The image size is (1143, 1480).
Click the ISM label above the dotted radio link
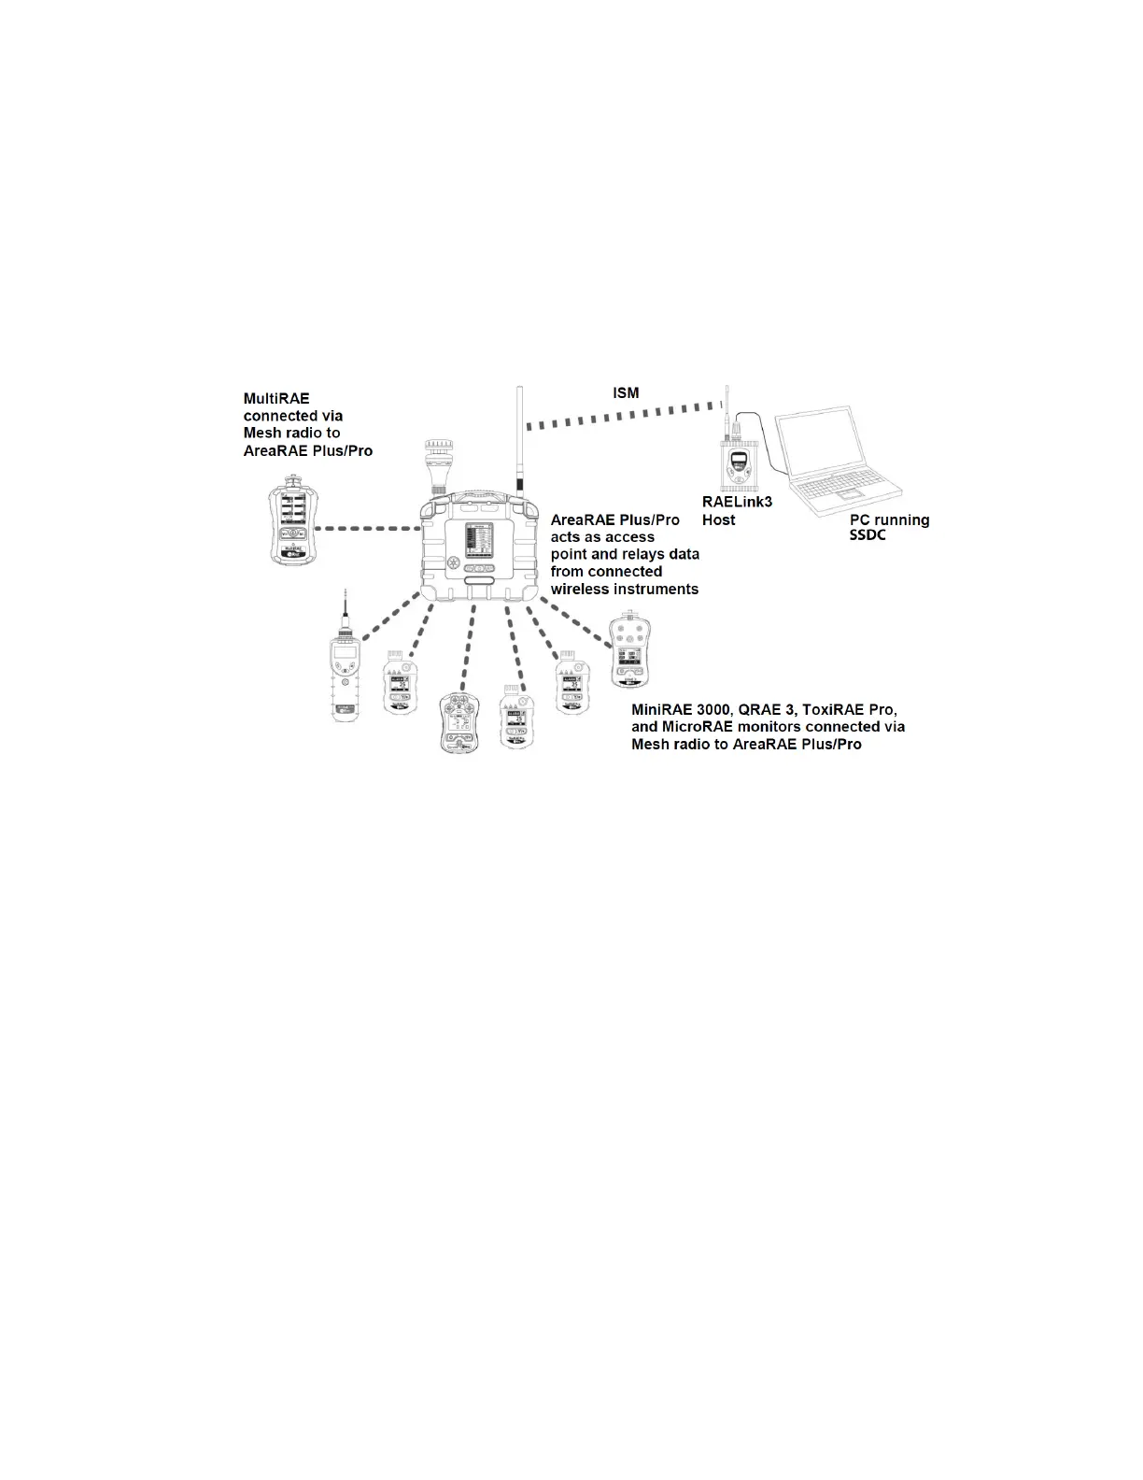tap(626, 393)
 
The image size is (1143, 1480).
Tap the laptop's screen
tap(835, 448)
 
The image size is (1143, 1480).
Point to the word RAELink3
tap(737, 502)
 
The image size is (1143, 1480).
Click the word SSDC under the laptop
tap(867, 536)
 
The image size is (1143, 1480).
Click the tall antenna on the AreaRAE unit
tap(517, 439)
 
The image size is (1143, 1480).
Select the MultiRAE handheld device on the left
tap(289, 520)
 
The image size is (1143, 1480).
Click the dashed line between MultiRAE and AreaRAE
tap(368, 529)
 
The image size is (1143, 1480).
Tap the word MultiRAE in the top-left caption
tap(276, 398)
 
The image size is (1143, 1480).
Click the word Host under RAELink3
tap(719, 519)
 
